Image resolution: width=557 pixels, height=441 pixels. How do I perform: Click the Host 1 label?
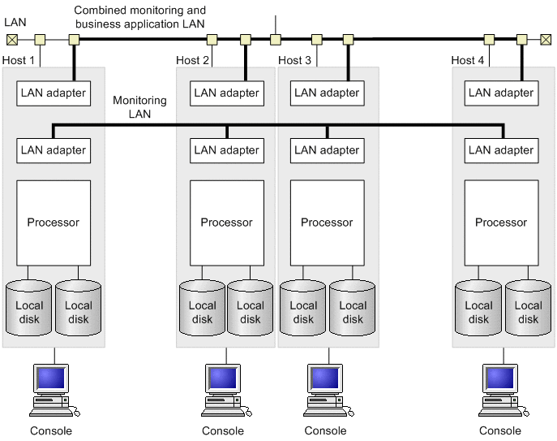tap(19, 60)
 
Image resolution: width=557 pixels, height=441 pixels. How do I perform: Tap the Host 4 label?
tap(469, 60)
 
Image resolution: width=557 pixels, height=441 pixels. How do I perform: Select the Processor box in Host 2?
tap(227, 222)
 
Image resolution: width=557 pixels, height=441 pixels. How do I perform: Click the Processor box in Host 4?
tap(501, 222)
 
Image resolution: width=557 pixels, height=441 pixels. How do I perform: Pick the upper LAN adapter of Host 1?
tap(54, 93)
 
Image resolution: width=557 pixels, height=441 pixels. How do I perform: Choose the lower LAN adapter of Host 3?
tap(327, 149)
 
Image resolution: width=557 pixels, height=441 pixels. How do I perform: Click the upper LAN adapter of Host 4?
tap(501, 93)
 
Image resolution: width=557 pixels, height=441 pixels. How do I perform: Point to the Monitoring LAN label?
tap(139, 107)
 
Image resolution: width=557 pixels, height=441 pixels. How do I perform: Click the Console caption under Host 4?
tap(500, 431)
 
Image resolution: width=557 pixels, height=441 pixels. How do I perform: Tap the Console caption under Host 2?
tap(223, 431)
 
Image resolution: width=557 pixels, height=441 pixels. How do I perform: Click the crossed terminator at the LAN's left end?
tap(11, 39)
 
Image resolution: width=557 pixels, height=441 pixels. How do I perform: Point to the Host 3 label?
tap(294, 60)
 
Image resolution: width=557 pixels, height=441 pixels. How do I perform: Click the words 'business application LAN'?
tap(139, 24)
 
